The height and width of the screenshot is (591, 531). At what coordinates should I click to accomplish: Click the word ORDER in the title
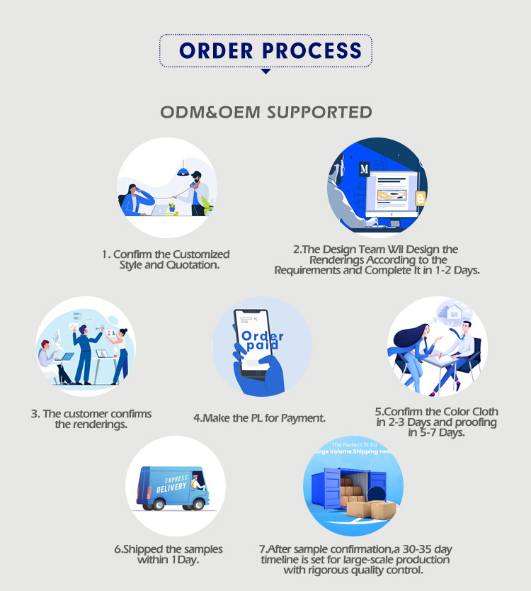[216, 51]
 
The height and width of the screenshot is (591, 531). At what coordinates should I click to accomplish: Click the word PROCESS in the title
[312, 51]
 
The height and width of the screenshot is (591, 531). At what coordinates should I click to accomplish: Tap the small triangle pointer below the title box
[266, 72]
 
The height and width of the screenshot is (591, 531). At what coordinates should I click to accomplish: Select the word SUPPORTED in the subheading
[320, 113]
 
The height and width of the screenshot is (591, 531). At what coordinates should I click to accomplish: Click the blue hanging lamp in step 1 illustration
[183, 171]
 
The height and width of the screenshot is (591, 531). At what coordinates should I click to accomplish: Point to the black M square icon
[364, 169]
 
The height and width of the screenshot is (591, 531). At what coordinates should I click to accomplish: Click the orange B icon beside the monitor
[421, 198]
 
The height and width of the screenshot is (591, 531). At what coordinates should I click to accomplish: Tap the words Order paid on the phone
[261, 340]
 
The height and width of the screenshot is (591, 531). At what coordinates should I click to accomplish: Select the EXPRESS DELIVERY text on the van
[173, 484]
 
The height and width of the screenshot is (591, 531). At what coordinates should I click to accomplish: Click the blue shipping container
[348, 488]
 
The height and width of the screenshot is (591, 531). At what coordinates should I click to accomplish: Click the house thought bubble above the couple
[454, 312]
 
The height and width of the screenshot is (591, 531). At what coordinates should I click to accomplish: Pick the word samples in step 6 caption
[202, 549]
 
